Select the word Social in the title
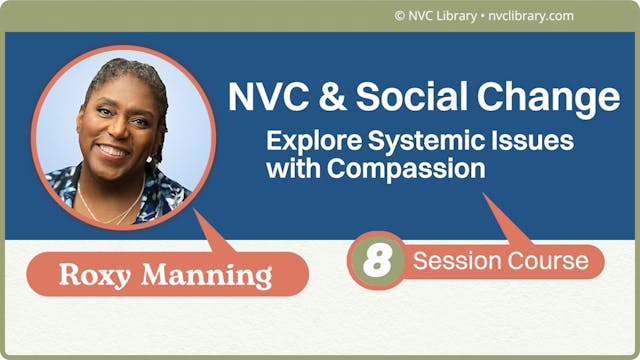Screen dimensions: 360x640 403,97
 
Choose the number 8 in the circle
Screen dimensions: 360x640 376,261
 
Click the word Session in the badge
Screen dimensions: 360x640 456,261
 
